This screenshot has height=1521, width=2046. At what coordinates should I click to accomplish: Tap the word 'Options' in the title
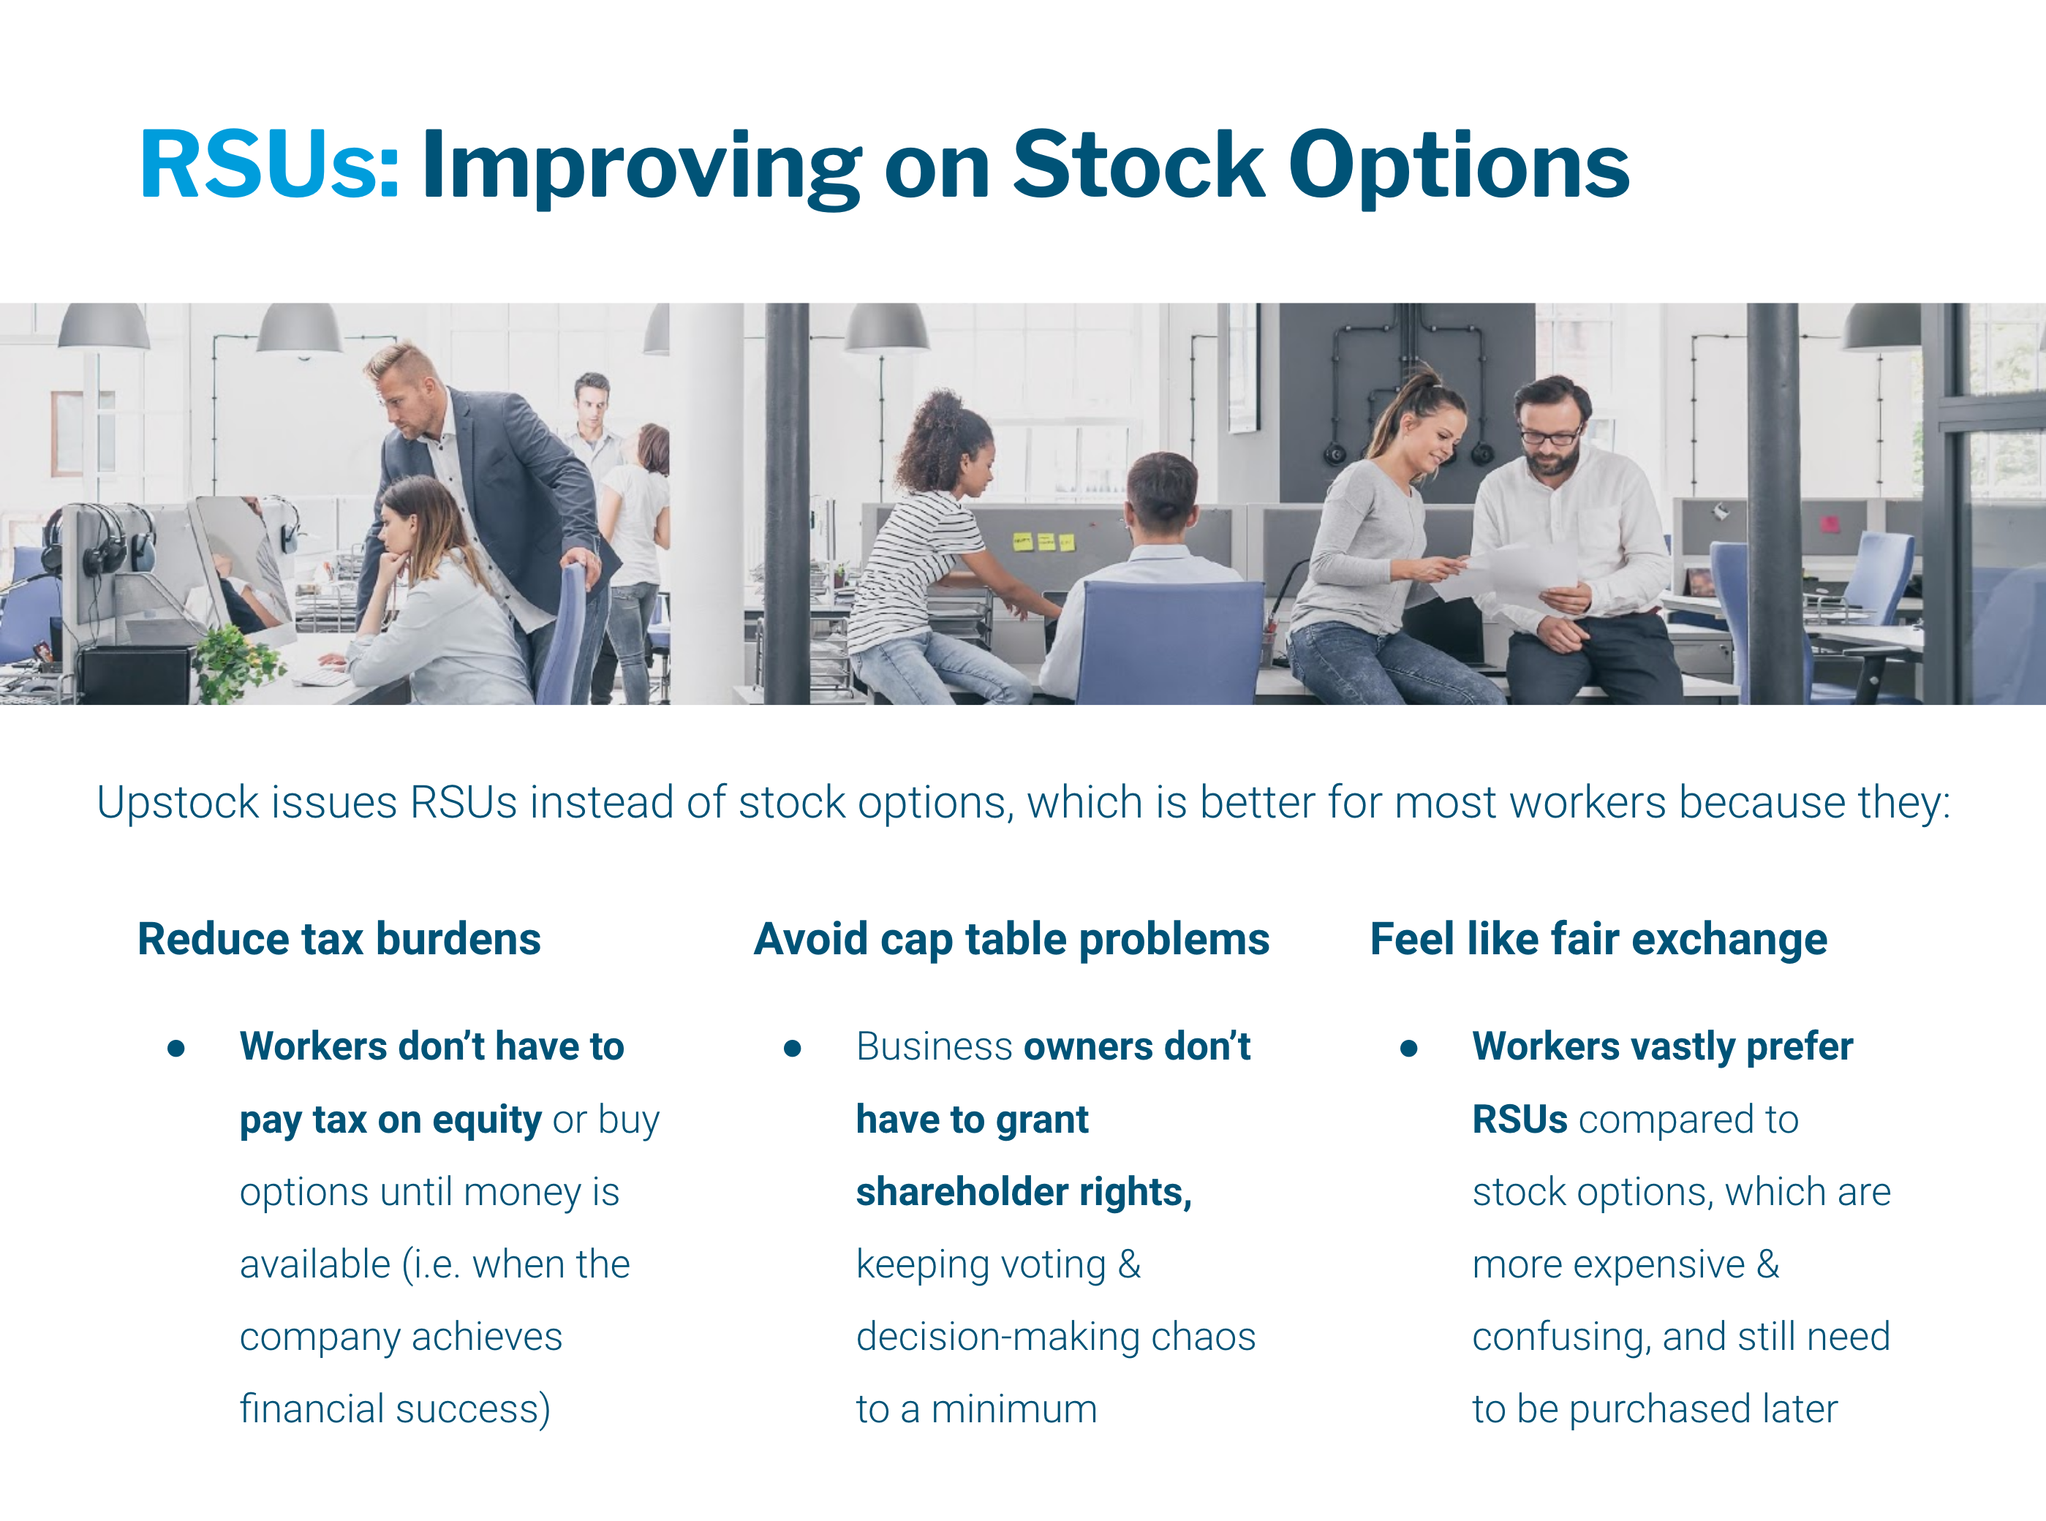point(1459,166)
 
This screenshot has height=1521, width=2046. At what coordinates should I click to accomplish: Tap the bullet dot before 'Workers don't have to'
point(177,1048)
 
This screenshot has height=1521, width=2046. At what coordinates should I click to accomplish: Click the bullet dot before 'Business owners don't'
point(792,1048)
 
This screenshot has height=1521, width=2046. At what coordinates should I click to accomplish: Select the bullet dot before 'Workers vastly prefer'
point(1408,1048)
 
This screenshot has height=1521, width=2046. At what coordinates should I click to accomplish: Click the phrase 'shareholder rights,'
point(1023,1193)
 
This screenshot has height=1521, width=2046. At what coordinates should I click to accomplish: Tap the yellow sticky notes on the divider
point(1043,541)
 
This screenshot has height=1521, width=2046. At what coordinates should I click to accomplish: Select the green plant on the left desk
point(235,658)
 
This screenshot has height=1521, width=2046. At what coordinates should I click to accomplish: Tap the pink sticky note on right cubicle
point(1829,524)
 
